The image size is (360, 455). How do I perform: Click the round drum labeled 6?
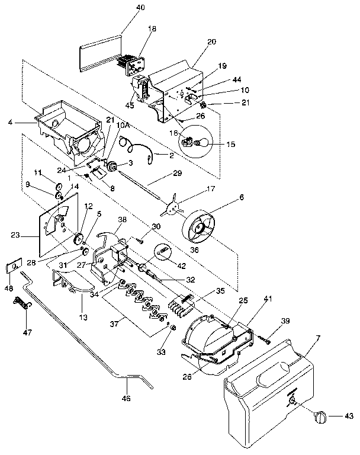[x=200, y=229]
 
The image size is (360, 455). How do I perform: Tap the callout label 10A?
[x=123, y=125]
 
